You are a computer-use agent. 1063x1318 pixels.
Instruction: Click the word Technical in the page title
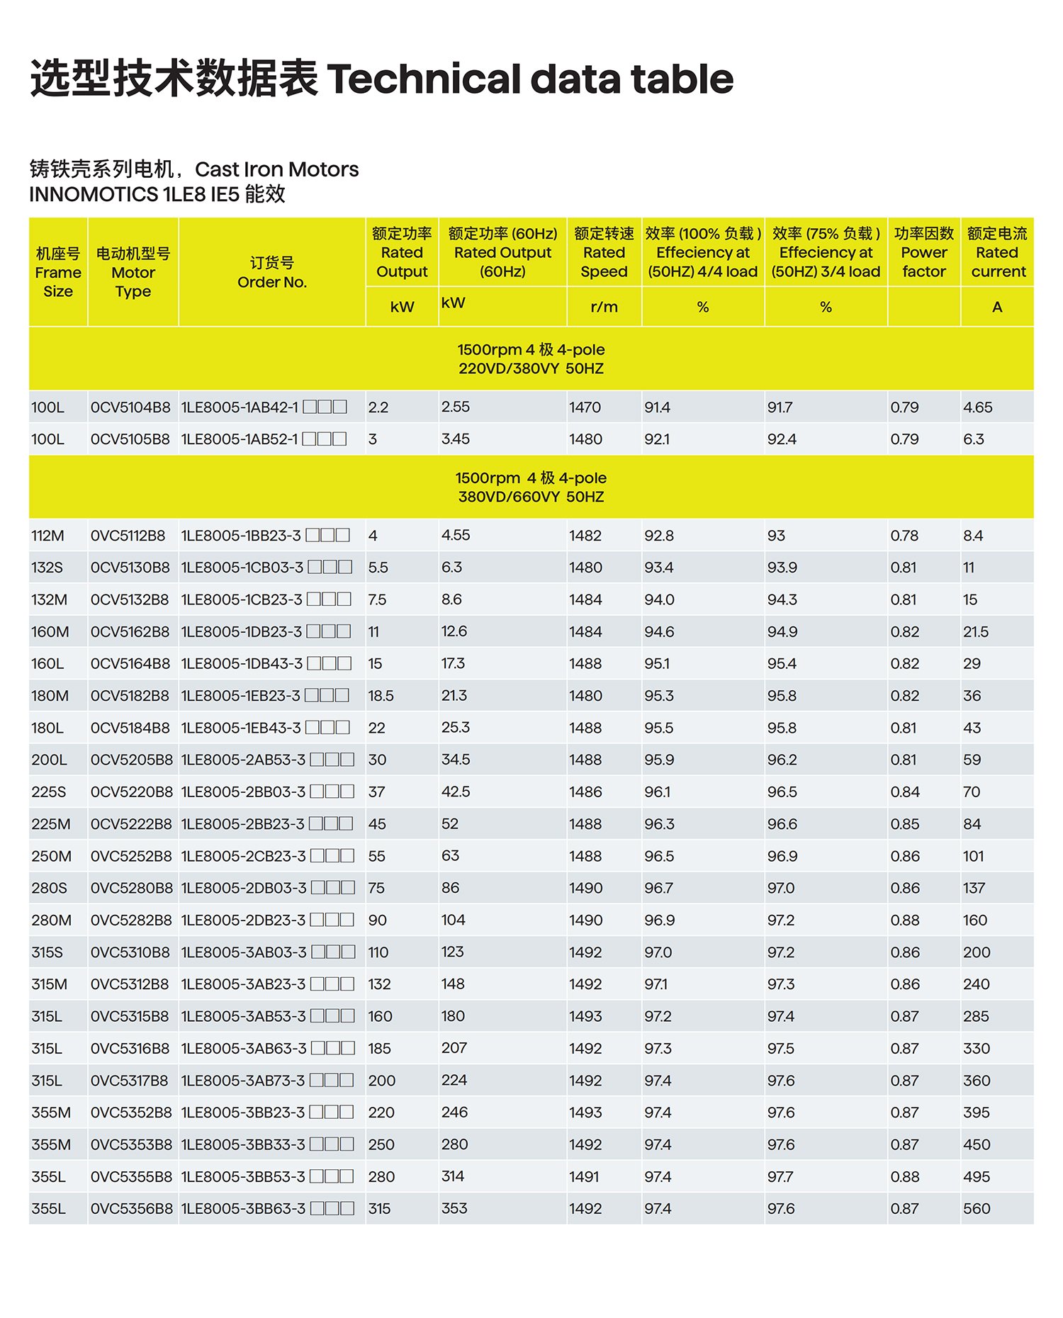click(422, 79)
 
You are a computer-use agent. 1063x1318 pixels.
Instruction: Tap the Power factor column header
click(923, 253)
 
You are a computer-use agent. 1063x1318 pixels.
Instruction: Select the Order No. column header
click(272, 273)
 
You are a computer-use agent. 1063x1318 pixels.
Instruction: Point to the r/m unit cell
click(604, 308)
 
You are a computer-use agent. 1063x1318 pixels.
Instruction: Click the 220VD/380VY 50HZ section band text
click(531, 368)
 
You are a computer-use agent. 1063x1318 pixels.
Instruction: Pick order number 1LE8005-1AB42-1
click(240, 407)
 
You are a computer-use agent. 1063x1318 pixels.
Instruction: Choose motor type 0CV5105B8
click(130, 439)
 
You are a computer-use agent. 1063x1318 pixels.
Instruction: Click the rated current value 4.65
click(977, 407)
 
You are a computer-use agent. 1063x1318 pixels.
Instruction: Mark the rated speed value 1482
click(585, 536)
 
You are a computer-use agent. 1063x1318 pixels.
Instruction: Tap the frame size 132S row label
click(47, 568)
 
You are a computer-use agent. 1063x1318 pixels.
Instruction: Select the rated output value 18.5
click(381, 696)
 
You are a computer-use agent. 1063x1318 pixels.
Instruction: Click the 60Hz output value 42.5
click(455, 792)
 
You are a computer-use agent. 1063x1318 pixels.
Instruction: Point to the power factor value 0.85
click(904, 824)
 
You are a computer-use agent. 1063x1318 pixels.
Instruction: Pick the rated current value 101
click(973, 856)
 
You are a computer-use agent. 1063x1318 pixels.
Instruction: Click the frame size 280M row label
click(51, 920)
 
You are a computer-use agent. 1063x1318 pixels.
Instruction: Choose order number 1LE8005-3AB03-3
click(244, 952)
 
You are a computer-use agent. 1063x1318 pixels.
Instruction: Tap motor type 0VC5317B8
click(130, 1081)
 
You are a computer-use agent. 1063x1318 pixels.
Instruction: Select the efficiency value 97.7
click(780, 1177)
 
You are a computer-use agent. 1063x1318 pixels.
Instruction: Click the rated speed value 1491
click(585, 1177)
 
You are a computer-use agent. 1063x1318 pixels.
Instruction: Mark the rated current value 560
click(976, 1209)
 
